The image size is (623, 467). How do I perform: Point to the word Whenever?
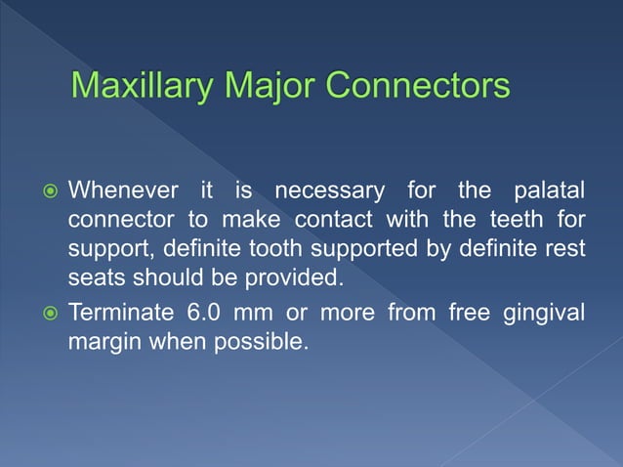click(122, 188)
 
